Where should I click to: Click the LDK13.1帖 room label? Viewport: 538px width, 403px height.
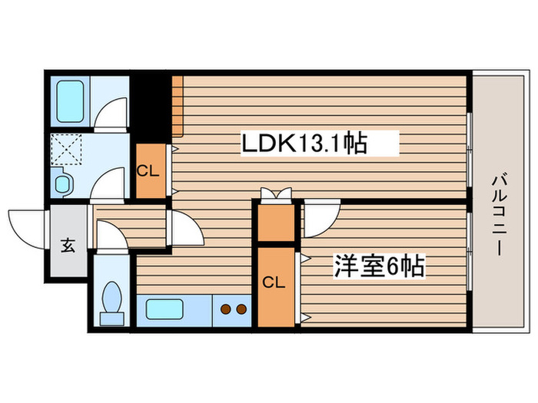304,143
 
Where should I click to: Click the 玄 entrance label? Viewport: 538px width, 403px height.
68,246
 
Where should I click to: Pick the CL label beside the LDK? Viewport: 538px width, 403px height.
148,170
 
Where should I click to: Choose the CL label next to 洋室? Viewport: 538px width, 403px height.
274,282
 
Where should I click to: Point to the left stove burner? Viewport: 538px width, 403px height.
227,310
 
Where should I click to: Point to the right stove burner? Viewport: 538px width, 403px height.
242,310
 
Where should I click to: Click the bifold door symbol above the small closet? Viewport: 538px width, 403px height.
276,195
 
